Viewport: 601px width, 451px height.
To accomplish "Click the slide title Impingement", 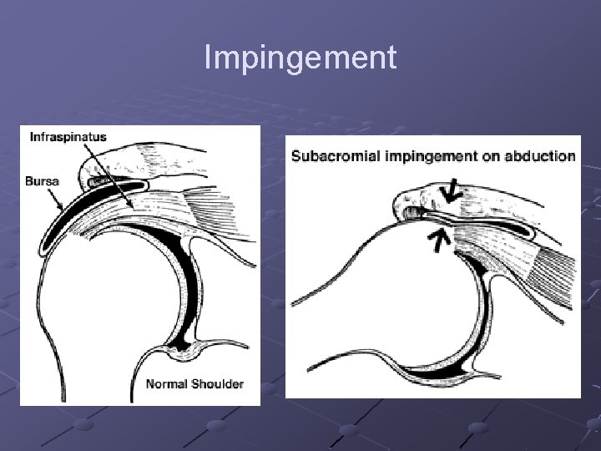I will tap(300, 58).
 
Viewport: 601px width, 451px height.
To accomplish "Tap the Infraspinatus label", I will tap(68, 137).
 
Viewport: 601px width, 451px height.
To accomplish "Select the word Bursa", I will tap(42, 180).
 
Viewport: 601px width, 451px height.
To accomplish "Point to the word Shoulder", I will tap(215, 385).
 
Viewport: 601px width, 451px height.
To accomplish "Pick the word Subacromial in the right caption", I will tap(328, 155).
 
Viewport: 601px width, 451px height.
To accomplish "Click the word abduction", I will tap(540, 155).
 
